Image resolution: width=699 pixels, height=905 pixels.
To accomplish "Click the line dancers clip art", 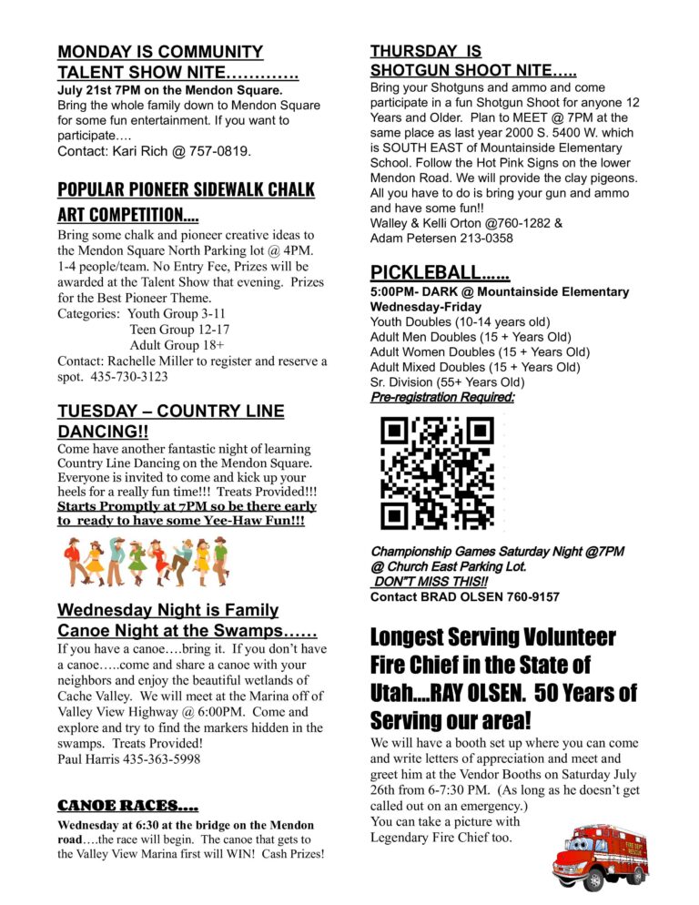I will click(146, 561).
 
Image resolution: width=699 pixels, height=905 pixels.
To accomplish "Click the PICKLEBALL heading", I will click(440, 271).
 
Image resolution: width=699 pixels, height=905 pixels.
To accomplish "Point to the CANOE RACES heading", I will click(127, 805).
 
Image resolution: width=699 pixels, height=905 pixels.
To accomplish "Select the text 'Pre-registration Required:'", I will click(441, 397).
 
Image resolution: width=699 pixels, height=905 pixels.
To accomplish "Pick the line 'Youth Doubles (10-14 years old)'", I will click(460, 321).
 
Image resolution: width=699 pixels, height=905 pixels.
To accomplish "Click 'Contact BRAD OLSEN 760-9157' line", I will click(464, 597).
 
